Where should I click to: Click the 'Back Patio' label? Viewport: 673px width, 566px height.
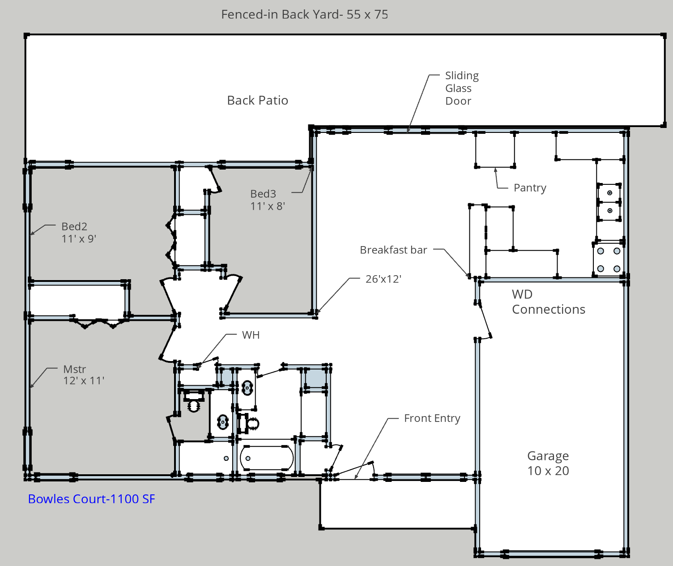pos(258,100)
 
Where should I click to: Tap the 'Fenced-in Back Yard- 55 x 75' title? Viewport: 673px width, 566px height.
pos(305,14)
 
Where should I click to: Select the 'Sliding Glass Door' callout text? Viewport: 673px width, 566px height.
pos(462,88)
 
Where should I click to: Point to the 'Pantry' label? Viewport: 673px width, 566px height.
pos(530,187)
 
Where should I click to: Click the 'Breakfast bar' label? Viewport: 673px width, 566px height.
pos(393,250)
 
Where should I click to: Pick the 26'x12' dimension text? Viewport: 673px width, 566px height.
pos(383,279)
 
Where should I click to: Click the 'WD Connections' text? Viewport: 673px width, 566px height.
pos(548,302)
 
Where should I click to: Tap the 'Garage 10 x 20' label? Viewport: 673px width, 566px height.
pos(548,463)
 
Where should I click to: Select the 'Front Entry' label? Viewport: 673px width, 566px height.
pos(432,418)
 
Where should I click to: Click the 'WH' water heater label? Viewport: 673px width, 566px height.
pos(251,335)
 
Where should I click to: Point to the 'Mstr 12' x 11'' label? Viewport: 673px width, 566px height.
pos(84,374)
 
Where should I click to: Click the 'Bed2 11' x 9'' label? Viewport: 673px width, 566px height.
pos(79,232)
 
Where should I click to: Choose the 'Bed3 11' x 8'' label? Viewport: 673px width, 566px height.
pos(268,200)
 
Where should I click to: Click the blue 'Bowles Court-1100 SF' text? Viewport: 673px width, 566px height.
pos(92,499)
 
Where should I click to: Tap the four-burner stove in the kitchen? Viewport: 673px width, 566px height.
pos(609,260)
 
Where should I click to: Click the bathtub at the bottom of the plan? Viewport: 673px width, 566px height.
pos(267,458)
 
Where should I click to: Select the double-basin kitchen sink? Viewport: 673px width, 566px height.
pos(609,202)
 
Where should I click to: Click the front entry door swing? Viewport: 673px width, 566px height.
pos(354,470)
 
